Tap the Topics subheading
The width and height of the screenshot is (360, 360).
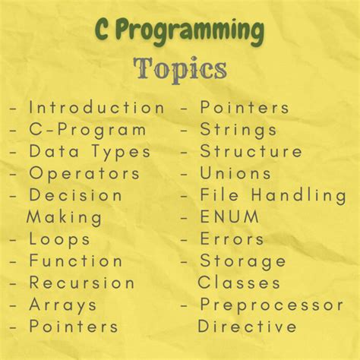click(x=180, y=68)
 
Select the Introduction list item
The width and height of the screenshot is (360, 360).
click(x=96, y=108)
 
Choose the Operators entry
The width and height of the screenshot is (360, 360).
click(x=84, y=173)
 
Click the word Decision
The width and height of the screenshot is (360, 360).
click(x=76, y=195)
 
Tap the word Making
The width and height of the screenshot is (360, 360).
click(x=65, y=217)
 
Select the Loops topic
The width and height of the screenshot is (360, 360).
click(x=60, y=239)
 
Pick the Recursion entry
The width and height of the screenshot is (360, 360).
click(x=82, y=283)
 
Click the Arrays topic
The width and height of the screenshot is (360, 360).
click(x=63, y=305)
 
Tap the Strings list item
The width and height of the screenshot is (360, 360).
click(x=238, y=130)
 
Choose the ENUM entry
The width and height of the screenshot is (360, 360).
click(x=229, y=217)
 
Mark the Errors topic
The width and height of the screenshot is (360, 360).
click(x=232, y=239)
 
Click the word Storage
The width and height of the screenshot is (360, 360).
click(x=243, y=261)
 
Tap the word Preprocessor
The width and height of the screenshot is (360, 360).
click(x=271, y=305)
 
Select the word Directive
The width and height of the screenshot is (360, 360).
click(x=247, y=327)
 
